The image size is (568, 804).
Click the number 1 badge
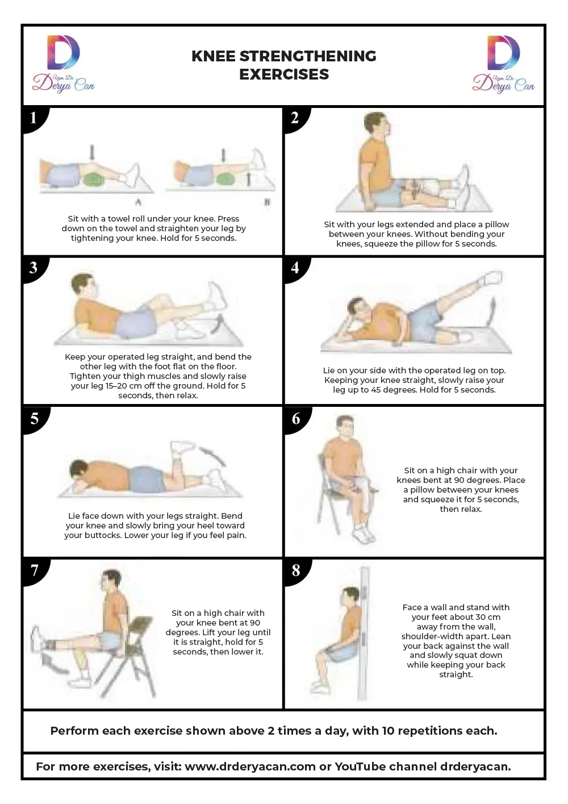pos(34,118)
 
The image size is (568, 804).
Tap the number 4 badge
pos(295,268)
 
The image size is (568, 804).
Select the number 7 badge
pos(34,570)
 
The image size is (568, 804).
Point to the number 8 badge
pos(296,570)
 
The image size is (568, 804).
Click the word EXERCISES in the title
pos(284,74)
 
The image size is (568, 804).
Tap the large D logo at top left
pos(63,52)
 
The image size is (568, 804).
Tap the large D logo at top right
pos(503,52)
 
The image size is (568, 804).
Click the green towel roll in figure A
pos(93,178)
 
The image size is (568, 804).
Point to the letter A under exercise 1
pos(138,202)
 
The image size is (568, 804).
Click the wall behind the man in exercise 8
pos(364,633)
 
